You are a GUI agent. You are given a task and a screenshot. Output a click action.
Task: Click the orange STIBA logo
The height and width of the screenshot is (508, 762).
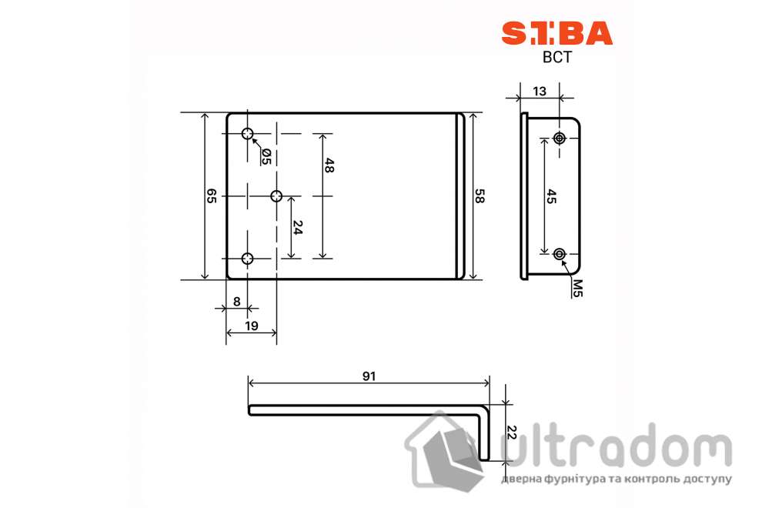click(556, 33)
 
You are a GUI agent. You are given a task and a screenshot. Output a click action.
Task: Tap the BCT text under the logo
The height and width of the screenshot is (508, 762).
click(556, 58)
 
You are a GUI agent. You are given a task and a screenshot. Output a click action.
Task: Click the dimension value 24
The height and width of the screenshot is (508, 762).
click(298, 227)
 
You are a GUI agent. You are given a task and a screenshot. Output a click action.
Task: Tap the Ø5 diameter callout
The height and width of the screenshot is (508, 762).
click(266, 156)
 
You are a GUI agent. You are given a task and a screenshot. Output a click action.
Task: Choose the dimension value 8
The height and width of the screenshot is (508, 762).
click(236, 302)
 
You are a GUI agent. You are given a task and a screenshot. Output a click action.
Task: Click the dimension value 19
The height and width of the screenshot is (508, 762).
click(251, 326)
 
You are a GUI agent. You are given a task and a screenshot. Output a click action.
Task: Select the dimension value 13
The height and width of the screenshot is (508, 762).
click(540, 91)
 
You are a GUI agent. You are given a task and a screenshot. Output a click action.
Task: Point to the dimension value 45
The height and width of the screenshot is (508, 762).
click(551, 196)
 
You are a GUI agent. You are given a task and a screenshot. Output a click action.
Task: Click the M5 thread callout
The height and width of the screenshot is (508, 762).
click(577, 287)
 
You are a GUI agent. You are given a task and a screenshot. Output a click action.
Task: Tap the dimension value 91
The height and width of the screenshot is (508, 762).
click(369, 376)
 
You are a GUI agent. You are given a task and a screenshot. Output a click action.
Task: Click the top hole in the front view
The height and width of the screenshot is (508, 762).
click(247, 135)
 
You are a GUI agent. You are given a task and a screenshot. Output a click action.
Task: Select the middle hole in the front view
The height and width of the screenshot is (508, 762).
click(276, 196)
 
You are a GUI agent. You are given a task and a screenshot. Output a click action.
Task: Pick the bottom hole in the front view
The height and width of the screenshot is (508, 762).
click(247, 259)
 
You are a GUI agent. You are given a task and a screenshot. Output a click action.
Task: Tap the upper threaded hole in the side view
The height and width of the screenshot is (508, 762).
click(560, 139)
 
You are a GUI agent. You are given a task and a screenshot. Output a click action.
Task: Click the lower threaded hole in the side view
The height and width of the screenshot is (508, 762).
click(560, 253)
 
